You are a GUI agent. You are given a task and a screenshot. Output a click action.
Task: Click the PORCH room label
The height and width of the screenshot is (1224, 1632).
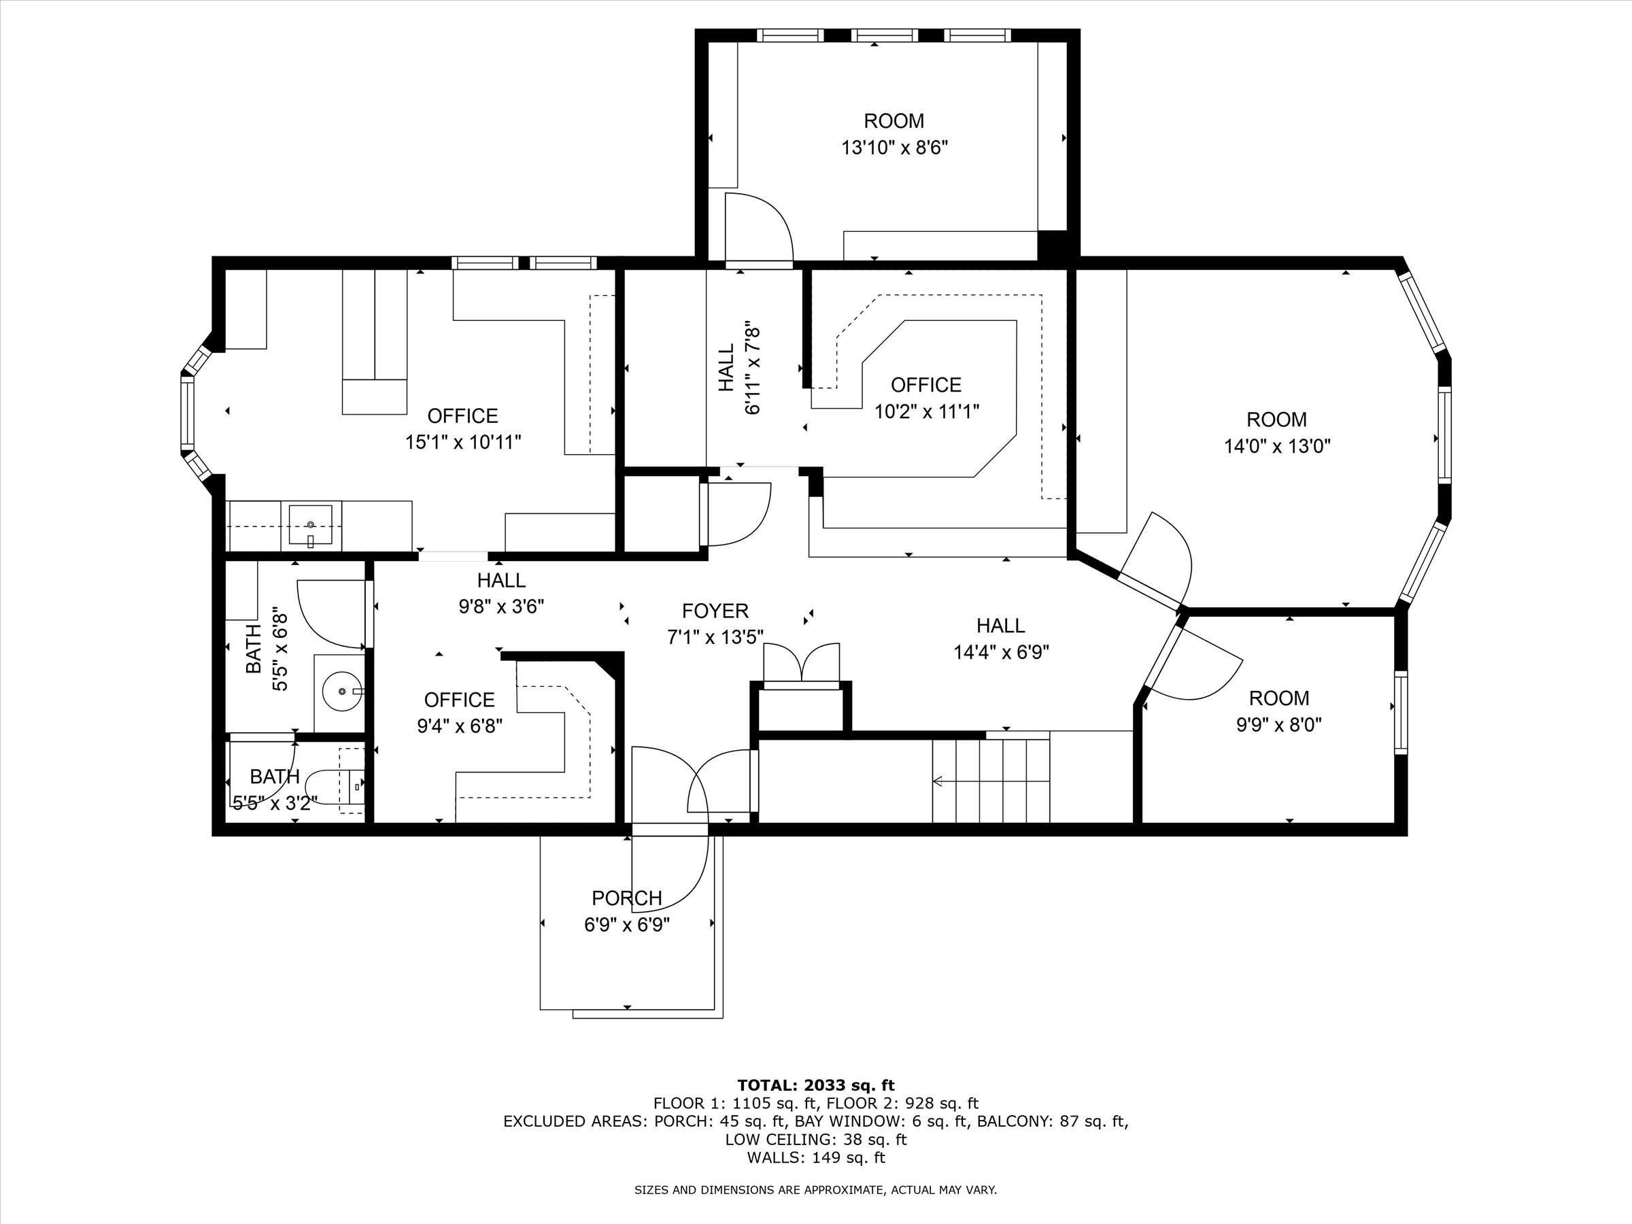click(x=626, y=898)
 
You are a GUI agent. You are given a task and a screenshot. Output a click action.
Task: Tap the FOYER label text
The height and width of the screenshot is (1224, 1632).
click(x=715, y=611)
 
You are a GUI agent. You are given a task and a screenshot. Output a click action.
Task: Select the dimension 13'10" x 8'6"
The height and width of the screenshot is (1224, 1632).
click(x=894, y=148)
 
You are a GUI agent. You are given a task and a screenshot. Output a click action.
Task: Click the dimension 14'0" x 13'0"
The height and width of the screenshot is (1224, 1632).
click(x=1277, y=445)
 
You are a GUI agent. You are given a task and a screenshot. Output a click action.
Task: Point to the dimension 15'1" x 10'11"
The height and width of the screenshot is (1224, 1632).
click(x=462, y=442)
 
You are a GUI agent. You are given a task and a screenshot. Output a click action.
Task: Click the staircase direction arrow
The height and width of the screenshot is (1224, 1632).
click(x=939, y=781)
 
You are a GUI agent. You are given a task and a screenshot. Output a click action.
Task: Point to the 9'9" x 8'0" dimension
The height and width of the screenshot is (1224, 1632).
click(x=1278, y=724)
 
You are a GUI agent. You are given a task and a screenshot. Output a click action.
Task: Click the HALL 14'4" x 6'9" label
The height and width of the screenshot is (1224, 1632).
click(x=1000, y=626)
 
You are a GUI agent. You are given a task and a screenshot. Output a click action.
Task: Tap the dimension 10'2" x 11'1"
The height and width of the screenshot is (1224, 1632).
click(x=927, y=411)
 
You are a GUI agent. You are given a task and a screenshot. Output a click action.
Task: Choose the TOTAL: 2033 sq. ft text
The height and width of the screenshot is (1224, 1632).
click(x=815, y=1085)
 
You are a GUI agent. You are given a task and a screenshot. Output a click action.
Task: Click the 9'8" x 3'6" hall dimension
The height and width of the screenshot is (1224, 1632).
click(x=501, y=607)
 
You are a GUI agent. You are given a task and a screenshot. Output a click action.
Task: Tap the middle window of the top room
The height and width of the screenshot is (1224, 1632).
click(x=884, y=35)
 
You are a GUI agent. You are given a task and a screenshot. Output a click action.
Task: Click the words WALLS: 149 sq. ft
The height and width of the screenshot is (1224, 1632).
click(x=815, y=1157)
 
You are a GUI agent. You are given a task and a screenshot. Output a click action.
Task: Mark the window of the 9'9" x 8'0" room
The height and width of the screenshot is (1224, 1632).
click(x=1399, y=713)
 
